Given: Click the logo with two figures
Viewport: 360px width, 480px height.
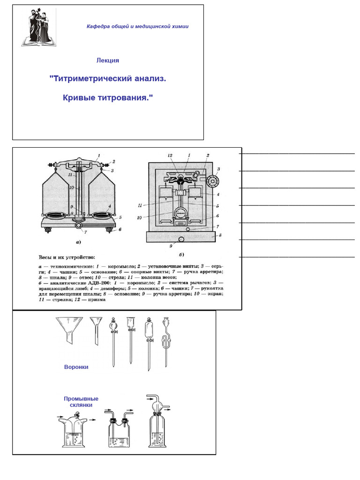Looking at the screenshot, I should pos(37,28).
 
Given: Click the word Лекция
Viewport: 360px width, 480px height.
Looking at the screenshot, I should pos(108,60).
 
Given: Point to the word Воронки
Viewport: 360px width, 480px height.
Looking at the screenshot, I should pos(76,367).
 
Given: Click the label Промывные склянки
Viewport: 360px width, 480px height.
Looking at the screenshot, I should pos(81,402).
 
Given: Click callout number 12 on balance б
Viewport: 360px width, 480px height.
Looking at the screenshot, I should pos(171,155).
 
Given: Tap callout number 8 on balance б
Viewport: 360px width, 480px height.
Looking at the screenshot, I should pos(220,235).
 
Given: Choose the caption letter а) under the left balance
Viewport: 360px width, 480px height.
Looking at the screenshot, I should pos(78,242).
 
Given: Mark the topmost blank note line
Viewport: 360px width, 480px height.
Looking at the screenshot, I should pos(296,153).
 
